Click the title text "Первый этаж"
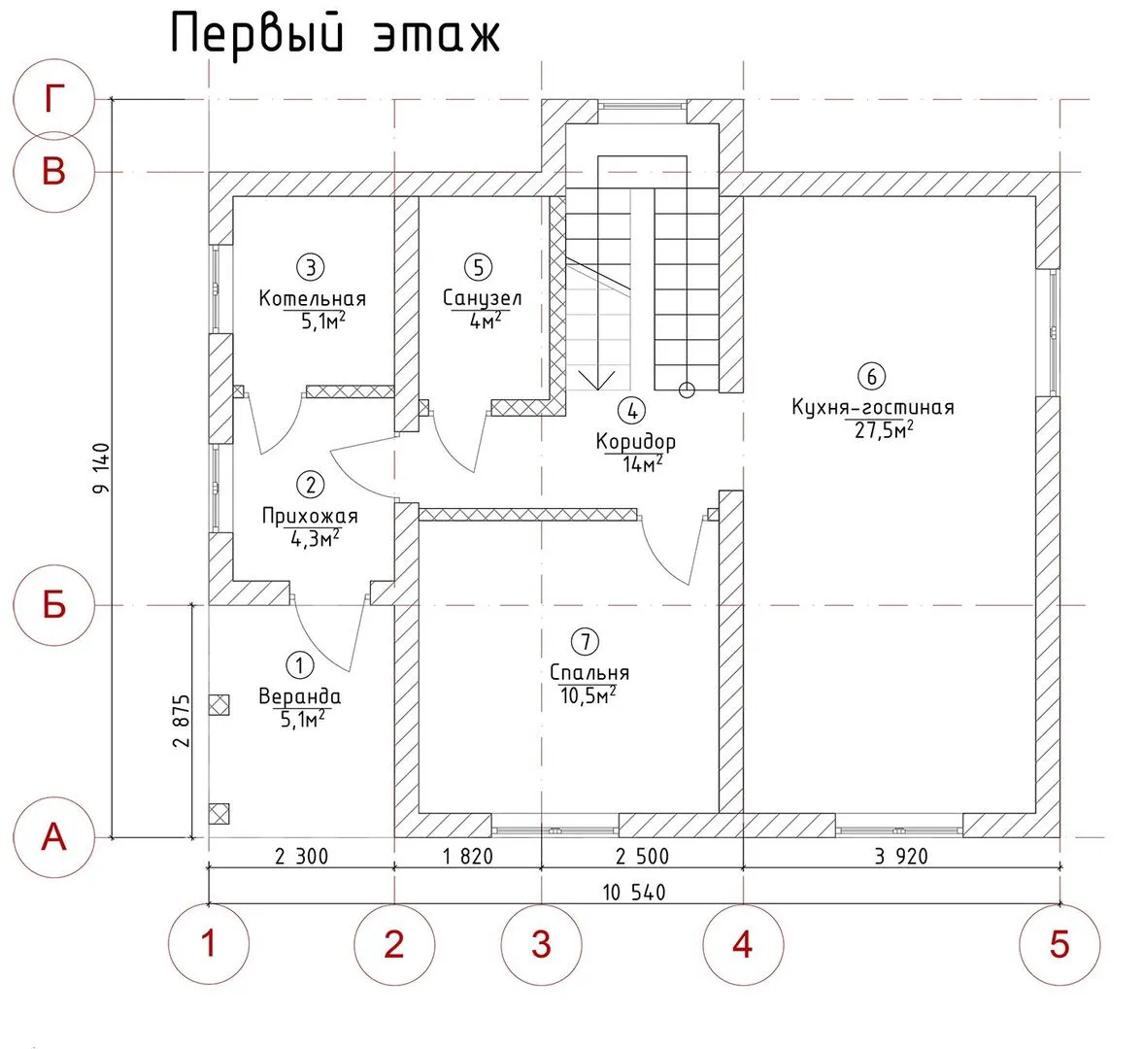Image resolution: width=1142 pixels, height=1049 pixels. pos(336,35)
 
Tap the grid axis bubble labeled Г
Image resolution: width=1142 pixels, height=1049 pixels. pos(54,99)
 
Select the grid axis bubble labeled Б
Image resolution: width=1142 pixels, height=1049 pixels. pos(54,605)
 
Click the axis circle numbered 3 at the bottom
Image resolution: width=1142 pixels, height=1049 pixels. pos(541,943)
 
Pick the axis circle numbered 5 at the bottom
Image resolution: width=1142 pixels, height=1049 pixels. pos(1059,943)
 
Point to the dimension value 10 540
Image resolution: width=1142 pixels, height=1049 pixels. pos(633,892)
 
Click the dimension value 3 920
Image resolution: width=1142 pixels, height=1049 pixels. pos(900,857)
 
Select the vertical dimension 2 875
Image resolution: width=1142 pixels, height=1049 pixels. pos(182,720)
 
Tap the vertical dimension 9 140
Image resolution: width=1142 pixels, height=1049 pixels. pos(102,470)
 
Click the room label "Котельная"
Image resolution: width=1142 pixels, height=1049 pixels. pos(312,298)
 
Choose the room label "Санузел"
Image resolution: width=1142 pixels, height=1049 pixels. pos(482,298)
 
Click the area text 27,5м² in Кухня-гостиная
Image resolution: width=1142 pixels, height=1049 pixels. pos(885,429)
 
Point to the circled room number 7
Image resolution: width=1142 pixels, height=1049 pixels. pos(585,641)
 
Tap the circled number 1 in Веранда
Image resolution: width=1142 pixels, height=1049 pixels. pos(300,665)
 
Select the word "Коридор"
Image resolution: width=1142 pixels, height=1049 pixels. pos(636,442)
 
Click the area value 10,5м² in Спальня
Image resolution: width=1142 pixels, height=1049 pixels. pos(588,695)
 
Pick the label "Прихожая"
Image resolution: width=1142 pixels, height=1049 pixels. pos(310,517)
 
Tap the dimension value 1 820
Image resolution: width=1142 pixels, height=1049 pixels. pos(467,857)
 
